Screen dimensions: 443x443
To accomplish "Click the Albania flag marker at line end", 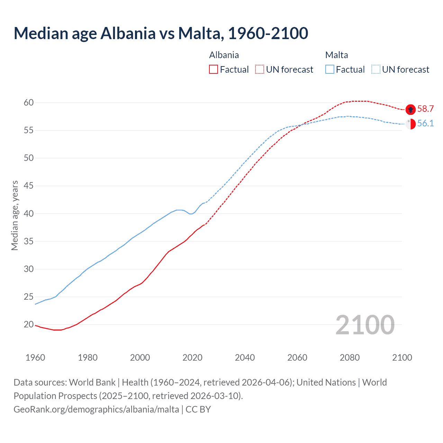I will pyautogui.click(x=410, y=109).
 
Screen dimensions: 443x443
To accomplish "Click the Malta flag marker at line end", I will pyautogui.click(x=410, y=124).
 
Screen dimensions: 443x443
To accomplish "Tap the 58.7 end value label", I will pyautogui.click(x=425, y=109).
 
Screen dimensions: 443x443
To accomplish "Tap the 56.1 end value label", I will pyautogui.click(x=425, y=123).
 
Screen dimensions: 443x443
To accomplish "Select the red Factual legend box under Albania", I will pyautogui.click(x=214, y=70).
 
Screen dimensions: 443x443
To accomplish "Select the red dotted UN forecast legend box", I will pyautogui.click(x=260, y=70).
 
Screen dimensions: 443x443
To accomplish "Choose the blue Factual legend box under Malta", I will pyautogui.click(x=330, y=70).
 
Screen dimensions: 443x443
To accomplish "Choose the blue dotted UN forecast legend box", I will pyautogui.click(x=376, y=70).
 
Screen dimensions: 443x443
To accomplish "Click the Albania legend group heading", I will pyautogui.click(x=224, y=55).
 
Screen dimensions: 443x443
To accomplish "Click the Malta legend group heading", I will pyautogui.click(x=336, y=55).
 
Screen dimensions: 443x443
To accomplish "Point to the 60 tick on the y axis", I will pyautogui.click(x=29, y=102).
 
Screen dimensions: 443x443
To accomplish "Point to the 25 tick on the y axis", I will pyautogui.click(x=29, y=297).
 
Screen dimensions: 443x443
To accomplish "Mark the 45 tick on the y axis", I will pyautogui.click(x=29, y=186).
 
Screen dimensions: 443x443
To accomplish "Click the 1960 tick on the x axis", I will pyautogui.click(x=35, y=358).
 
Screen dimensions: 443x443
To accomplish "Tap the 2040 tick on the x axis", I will pyautogui.click(x=245, y=358).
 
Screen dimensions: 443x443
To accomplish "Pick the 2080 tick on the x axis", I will pyautogui.click(x=350, y=358).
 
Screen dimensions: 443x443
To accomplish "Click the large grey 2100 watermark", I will pyautogui.click(x=365, y=325).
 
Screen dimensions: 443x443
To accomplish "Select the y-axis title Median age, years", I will pyautogui.click(x=15, y=215).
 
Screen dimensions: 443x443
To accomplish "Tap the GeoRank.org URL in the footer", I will pyautogui.click(x=96, y=409).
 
